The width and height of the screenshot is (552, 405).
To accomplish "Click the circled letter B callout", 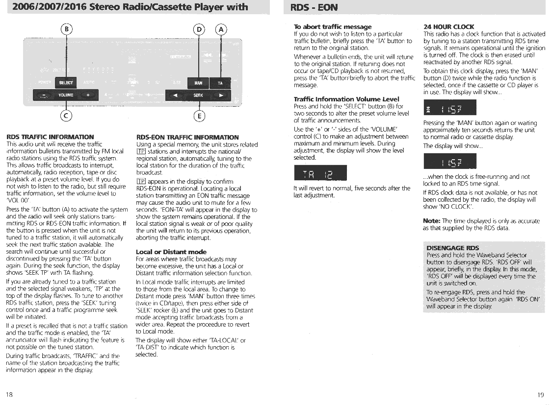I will pyautogui.click(x=66, y=29).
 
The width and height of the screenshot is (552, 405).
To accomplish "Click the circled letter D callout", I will pyautogui.click(x=199, y=29).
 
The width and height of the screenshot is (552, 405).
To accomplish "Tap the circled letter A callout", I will pyautogui.click(x=222, y=29).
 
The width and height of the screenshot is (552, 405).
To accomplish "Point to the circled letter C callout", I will pyautogui.click(x=66, y=116).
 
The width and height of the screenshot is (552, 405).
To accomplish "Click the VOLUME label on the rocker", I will pyautogui.click(x=66, y=95).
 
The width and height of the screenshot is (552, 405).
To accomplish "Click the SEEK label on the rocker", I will pyautogui.click(x=198, y=95).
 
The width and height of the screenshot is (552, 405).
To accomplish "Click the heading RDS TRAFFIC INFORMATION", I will pyautogui.click(x=50, y=137).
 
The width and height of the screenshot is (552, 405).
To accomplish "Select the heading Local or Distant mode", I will pyautogui.click(x=171, y=252).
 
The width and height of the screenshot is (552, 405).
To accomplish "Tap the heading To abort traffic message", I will pyautogui.click(x=332, y=26).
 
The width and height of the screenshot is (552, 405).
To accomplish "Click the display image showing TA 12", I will pyautogui.click(x=320, y=173).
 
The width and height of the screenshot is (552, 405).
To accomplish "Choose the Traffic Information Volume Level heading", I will pyautogui.click(x=346, y=99).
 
